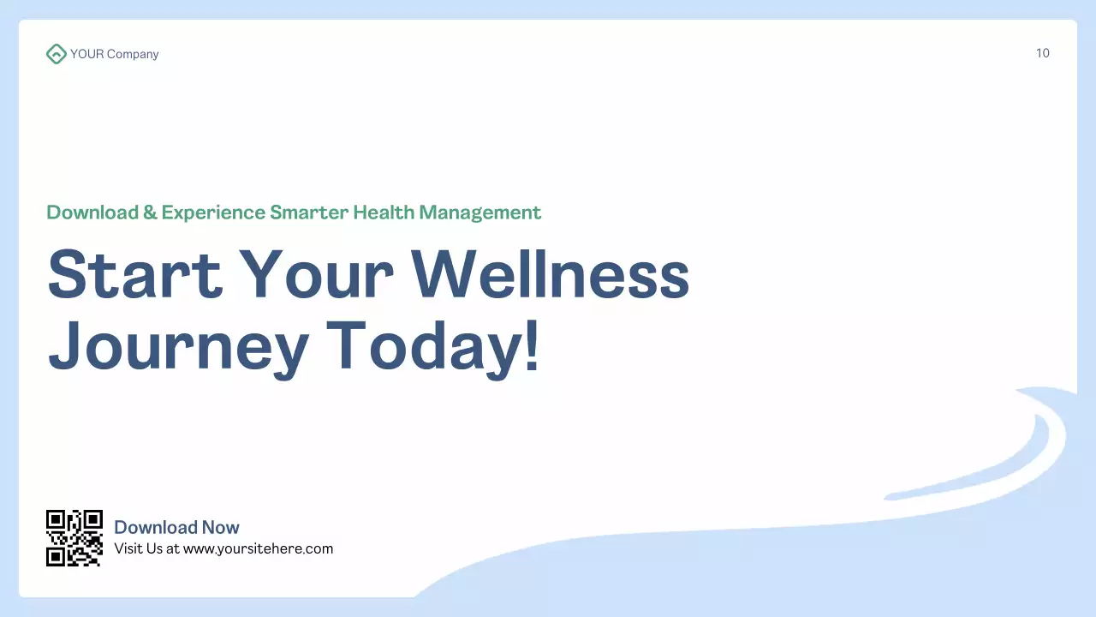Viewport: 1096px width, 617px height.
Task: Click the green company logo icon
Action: coord(56,54)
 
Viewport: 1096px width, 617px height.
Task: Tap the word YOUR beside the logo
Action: coord(86,54)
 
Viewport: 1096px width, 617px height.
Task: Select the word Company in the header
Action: coord(133,54)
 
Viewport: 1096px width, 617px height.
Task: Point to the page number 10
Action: coord(1042,53)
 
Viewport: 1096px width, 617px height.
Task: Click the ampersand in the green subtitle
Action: coord(150,213)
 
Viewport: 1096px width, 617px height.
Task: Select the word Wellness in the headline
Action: coord(551,274)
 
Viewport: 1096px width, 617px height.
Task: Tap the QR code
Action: coord(74,538)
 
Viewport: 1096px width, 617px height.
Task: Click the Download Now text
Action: coord(176,527)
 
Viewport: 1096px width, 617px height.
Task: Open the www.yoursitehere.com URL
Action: coord(258,548)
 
